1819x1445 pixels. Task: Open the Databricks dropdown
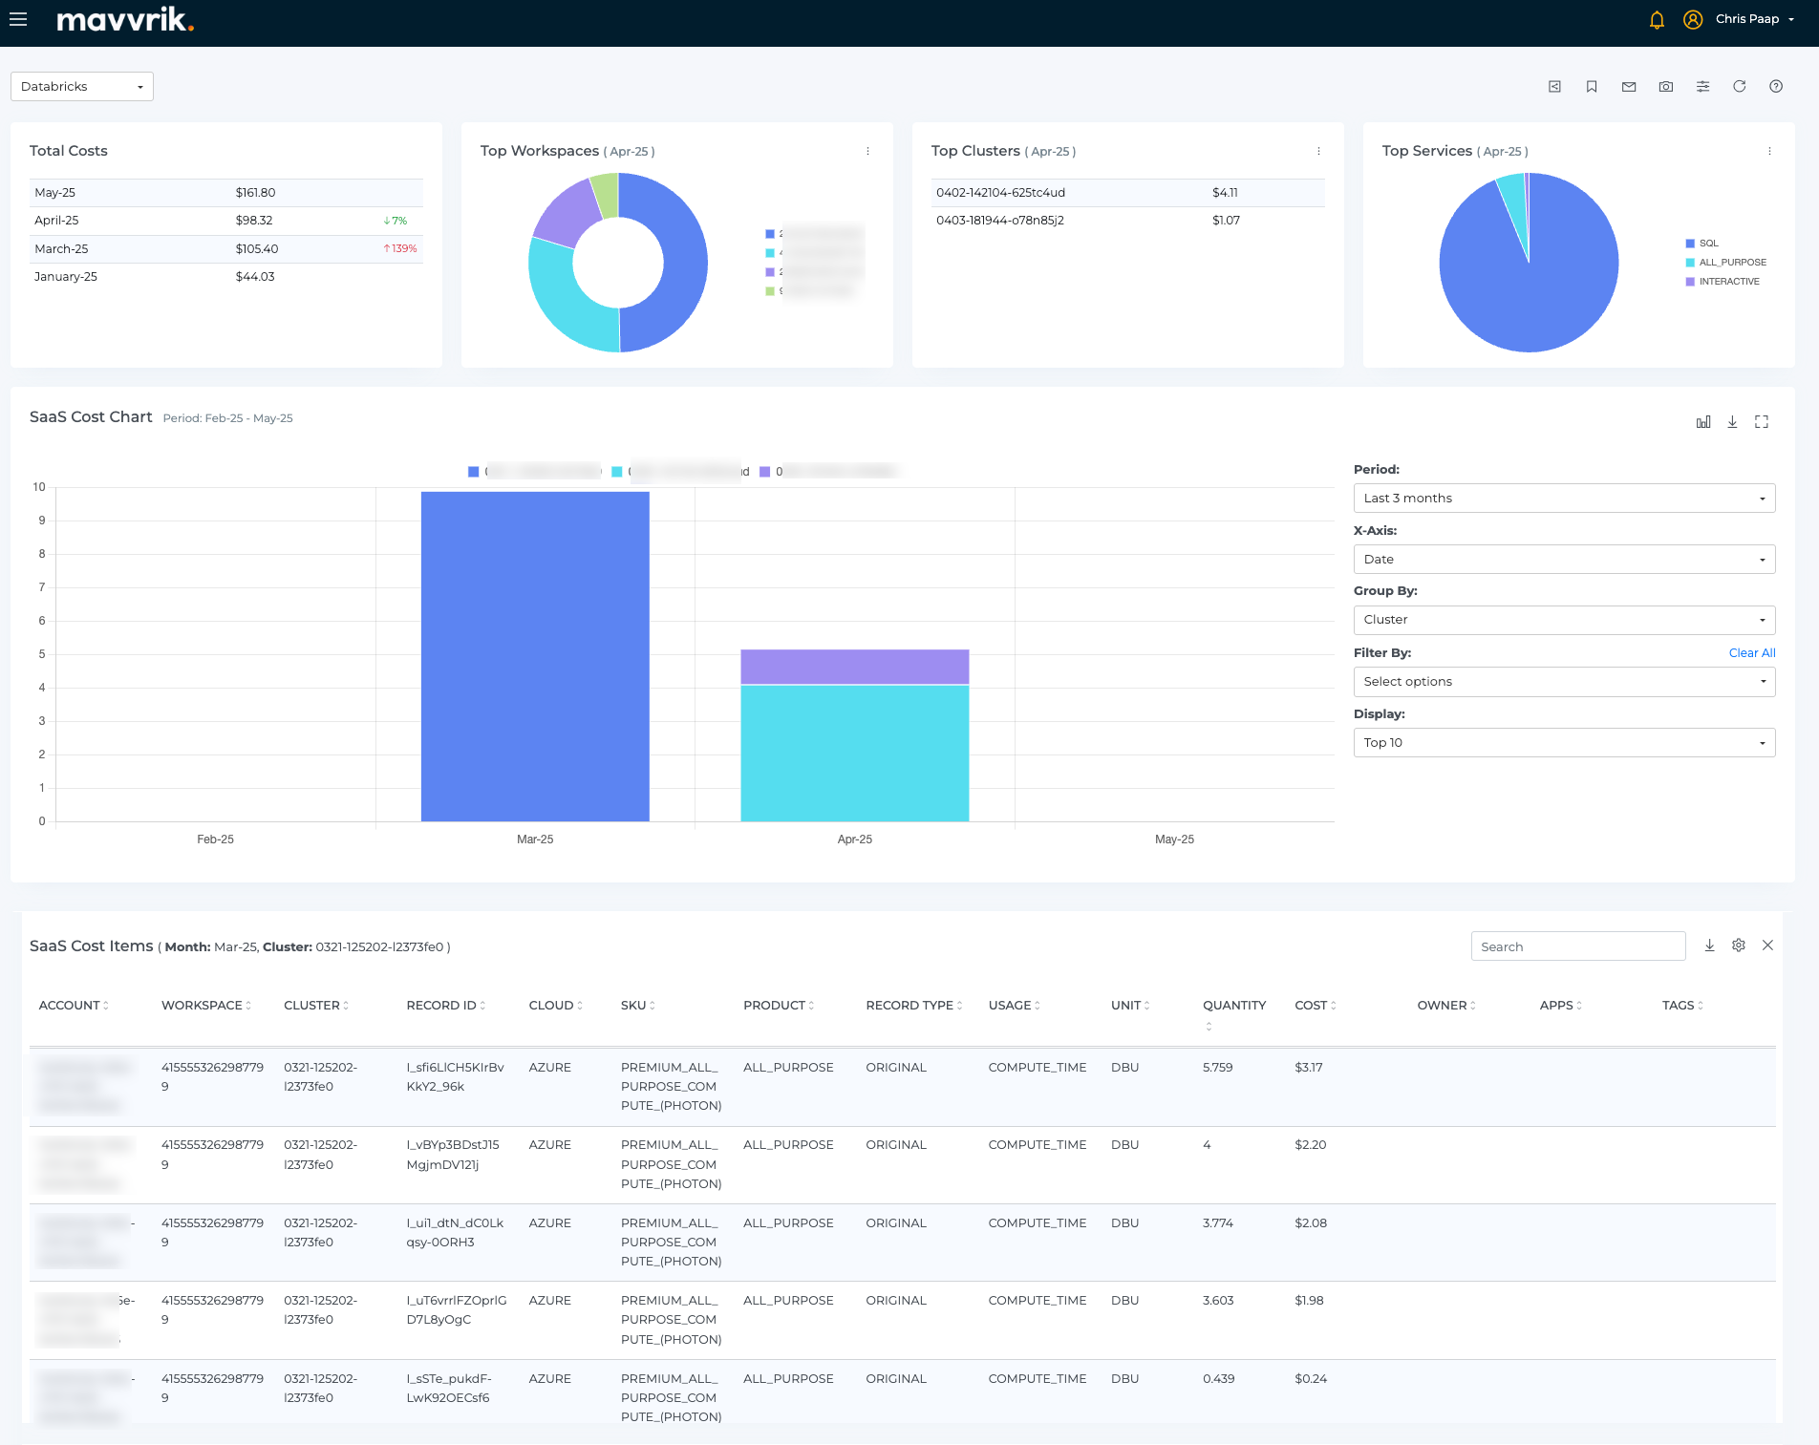pyautogui.click(x=82, y=87)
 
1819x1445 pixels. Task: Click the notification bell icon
pyautogui.click(x=1657, y=20)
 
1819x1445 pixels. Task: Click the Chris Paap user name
pyautogui.click(x=1746, y=19)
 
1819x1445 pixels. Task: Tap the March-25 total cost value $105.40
pyautogui.click(x=256, y=249)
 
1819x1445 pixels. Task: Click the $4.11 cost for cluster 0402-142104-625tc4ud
pyautogui.click(x=1225, y=193)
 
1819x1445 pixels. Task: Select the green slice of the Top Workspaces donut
pyautogui.click(x=606, y=194)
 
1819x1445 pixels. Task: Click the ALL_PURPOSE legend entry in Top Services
pyautogui.click(x=1731, y=263)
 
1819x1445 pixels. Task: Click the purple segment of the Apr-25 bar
pyautogui.click(x=854, y=667)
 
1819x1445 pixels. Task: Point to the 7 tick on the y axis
pyautogui.click(x=42, y=587)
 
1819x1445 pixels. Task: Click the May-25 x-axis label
pyautogui.click(x=1174, y=839)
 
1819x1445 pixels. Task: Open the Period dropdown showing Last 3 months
pyautogui.click(x=1563, y=499)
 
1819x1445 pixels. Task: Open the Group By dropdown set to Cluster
pyautogui.click(x=1563, y=620)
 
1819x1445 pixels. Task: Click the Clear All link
pyautogui.click(x=1751, y=653)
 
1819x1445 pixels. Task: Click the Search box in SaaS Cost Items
pyautogui.click(x=1577, y=946)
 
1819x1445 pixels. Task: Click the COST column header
pyautogui.click(x=1311, y=1006)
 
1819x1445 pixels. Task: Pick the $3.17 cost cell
pyautogui.click(x=1309, y=1068)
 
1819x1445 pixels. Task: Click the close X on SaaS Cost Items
pyautogui.click(x=1767, y=946)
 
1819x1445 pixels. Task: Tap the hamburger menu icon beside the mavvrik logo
pyautogui.click(x=18, y=19)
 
